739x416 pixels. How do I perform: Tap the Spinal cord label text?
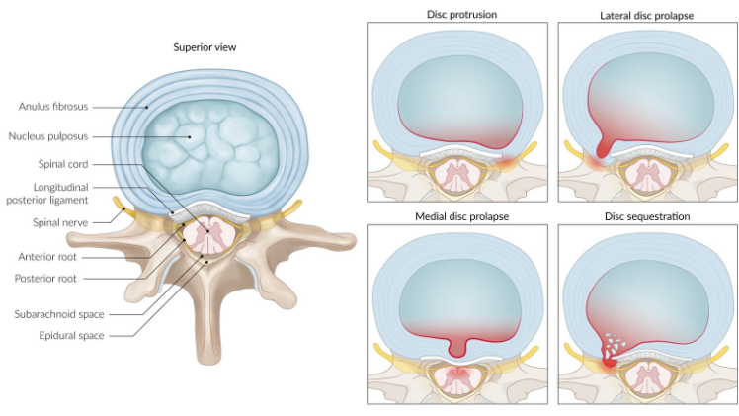click(x=65, y=164)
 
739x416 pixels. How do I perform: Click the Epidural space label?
click(x=61, y=335)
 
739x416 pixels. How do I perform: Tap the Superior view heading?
click(x=205, y=47)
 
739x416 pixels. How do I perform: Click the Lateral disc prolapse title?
click(x=647, y=15)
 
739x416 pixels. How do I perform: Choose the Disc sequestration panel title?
click(x=647, y=217)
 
